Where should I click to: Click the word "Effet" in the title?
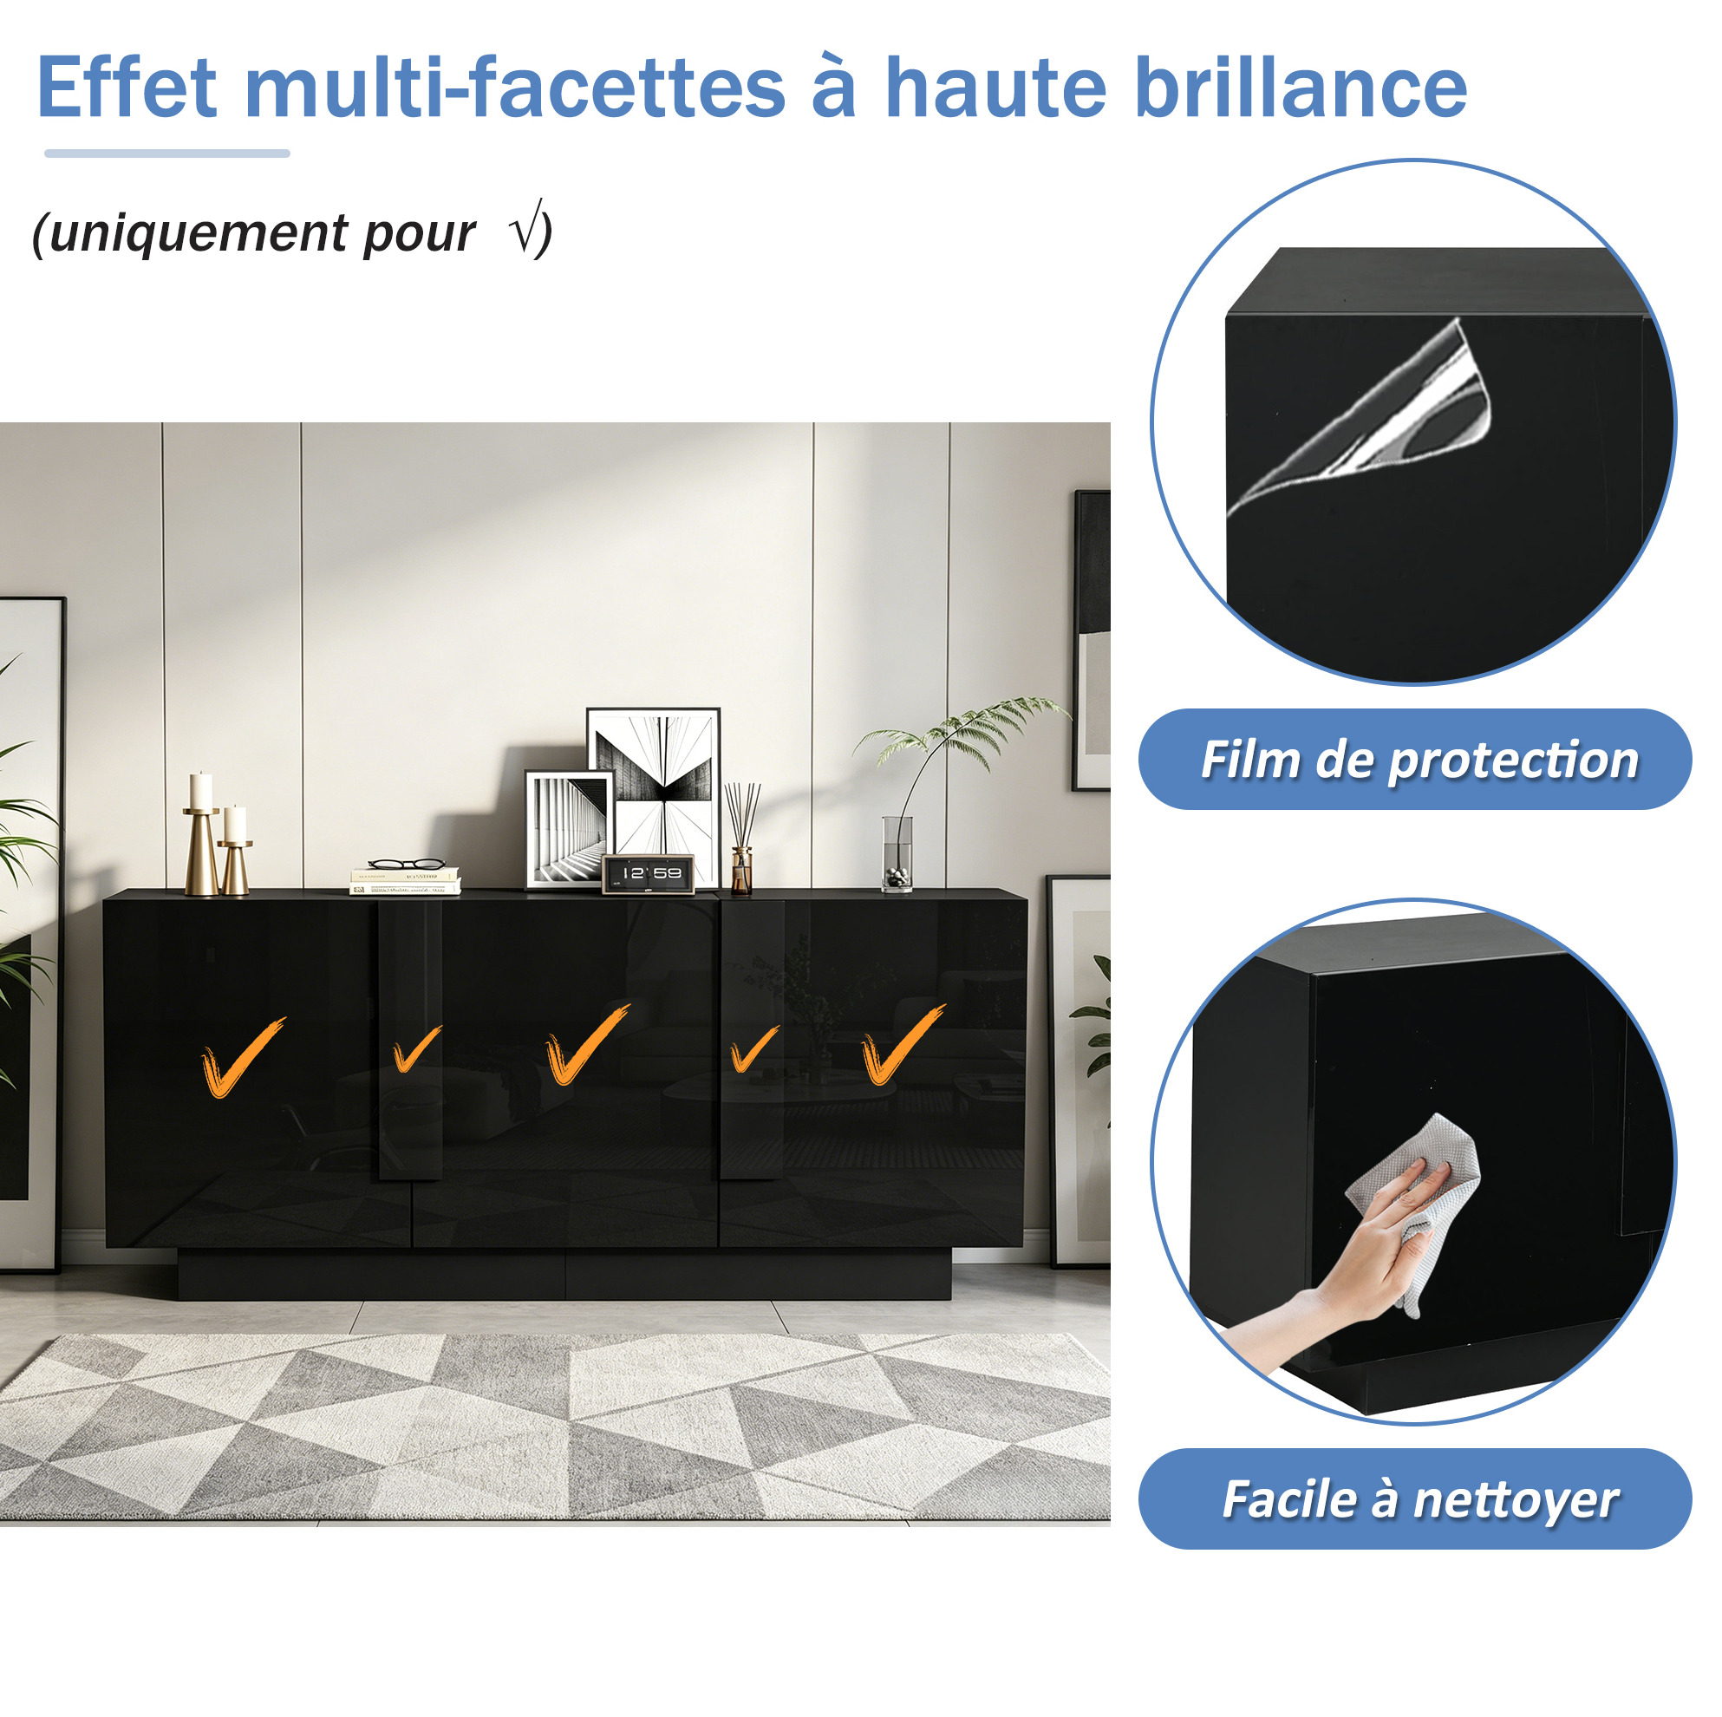coord(127,87)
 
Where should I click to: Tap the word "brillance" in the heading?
coord(1303,87)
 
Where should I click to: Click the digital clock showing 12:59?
coord(648,873)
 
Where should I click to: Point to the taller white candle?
coord(201,791)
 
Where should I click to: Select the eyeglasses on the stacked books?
coord(407,863)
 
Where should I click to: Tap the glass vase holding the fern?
coord(897,853)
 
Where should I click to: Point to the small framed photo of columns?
coord(569,829)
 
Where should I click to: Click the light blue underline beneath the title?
coord(167,153)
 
